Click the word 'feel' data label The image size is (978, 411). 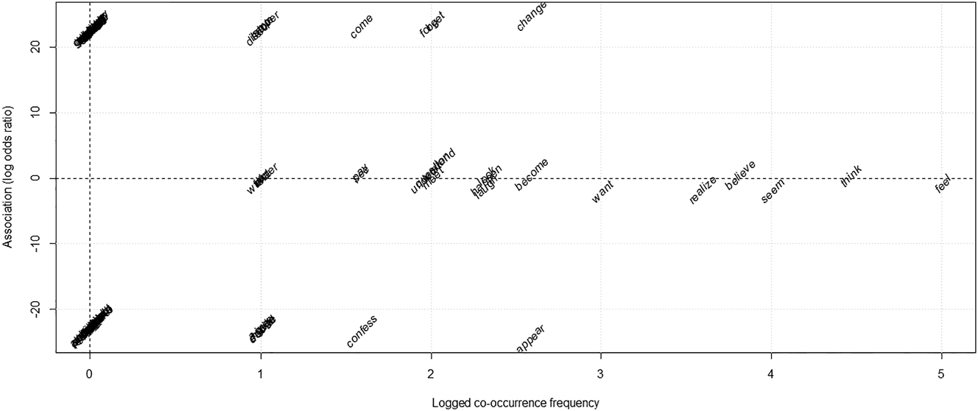click(943, 183)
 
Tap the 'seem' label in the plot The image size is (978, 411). click(773, 191)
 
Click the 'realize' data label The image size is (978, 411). click(703, 190)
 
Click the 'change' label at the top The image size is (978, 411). click(531, 16)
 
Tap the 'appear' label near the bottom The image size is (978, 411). click(530, 337)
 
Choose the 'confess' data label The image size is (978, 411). click(362, 331)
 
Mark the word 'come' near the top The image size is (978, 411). click(362, 26)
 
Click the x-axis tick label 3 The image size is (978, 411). click(601, 373)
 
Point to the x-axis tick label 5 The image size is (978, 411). click(942, 373)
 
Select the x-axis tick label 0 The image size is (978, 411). click(89, 373)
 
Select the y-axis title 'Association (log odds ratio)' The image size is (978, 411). click(9, 177)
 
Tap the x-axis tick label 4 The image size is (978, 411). click(771, 373)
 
